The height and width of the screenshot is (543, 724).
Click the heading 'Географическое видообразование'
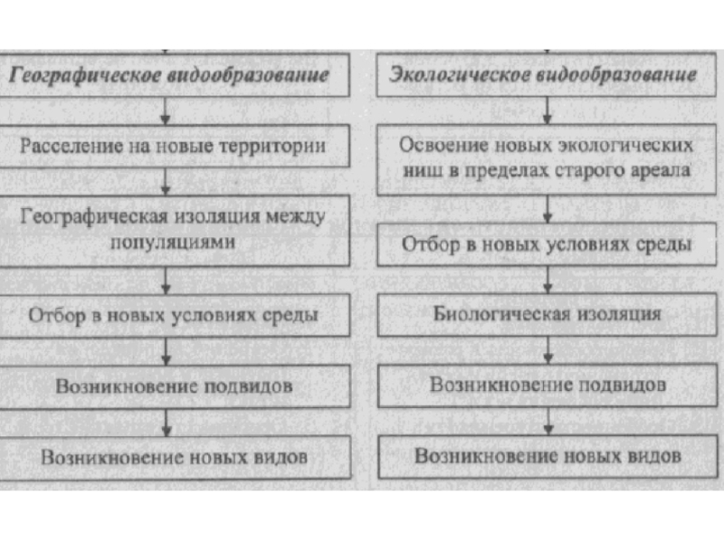click(x=169, y=75)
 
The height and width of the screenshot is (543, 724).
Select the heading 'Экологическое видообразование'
click(x=543, y=75)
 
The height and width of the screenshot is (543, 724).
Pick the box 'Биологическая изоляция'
click(x=547, y=315)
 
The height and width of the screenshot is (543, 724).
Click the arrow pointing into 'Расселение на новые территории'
click(x=165, y=112)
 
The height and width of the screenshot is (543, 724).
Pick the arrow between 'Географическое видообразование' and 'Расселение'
click(x=165, y=112)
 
